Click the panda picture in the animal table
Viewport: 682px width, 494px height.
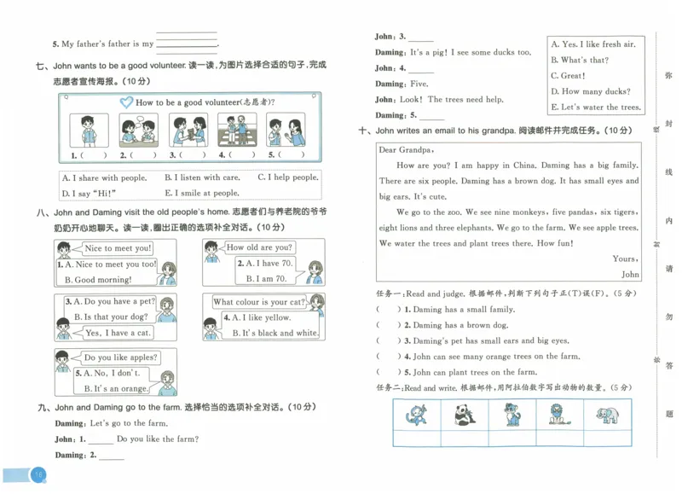click(465, 416)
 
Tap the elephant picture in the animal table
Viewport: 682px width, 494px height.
click(607, 416)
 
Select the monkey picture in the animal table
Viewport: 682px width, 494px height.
click(417, 416)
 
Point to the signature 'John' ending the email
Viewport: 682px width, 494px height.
click(630, 275)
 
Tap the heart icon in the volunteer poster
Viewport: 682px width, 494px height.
click(125, 102)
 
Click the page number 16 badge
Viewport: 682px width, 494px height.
click(38, 474)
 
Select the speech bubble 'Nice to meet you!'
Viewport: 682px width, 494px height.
click(118, 248)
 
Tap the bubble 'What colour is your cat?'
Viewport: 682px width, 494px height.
click(258, 302)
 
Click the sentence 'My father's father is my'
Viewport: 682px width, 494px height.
click(102, 44)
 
